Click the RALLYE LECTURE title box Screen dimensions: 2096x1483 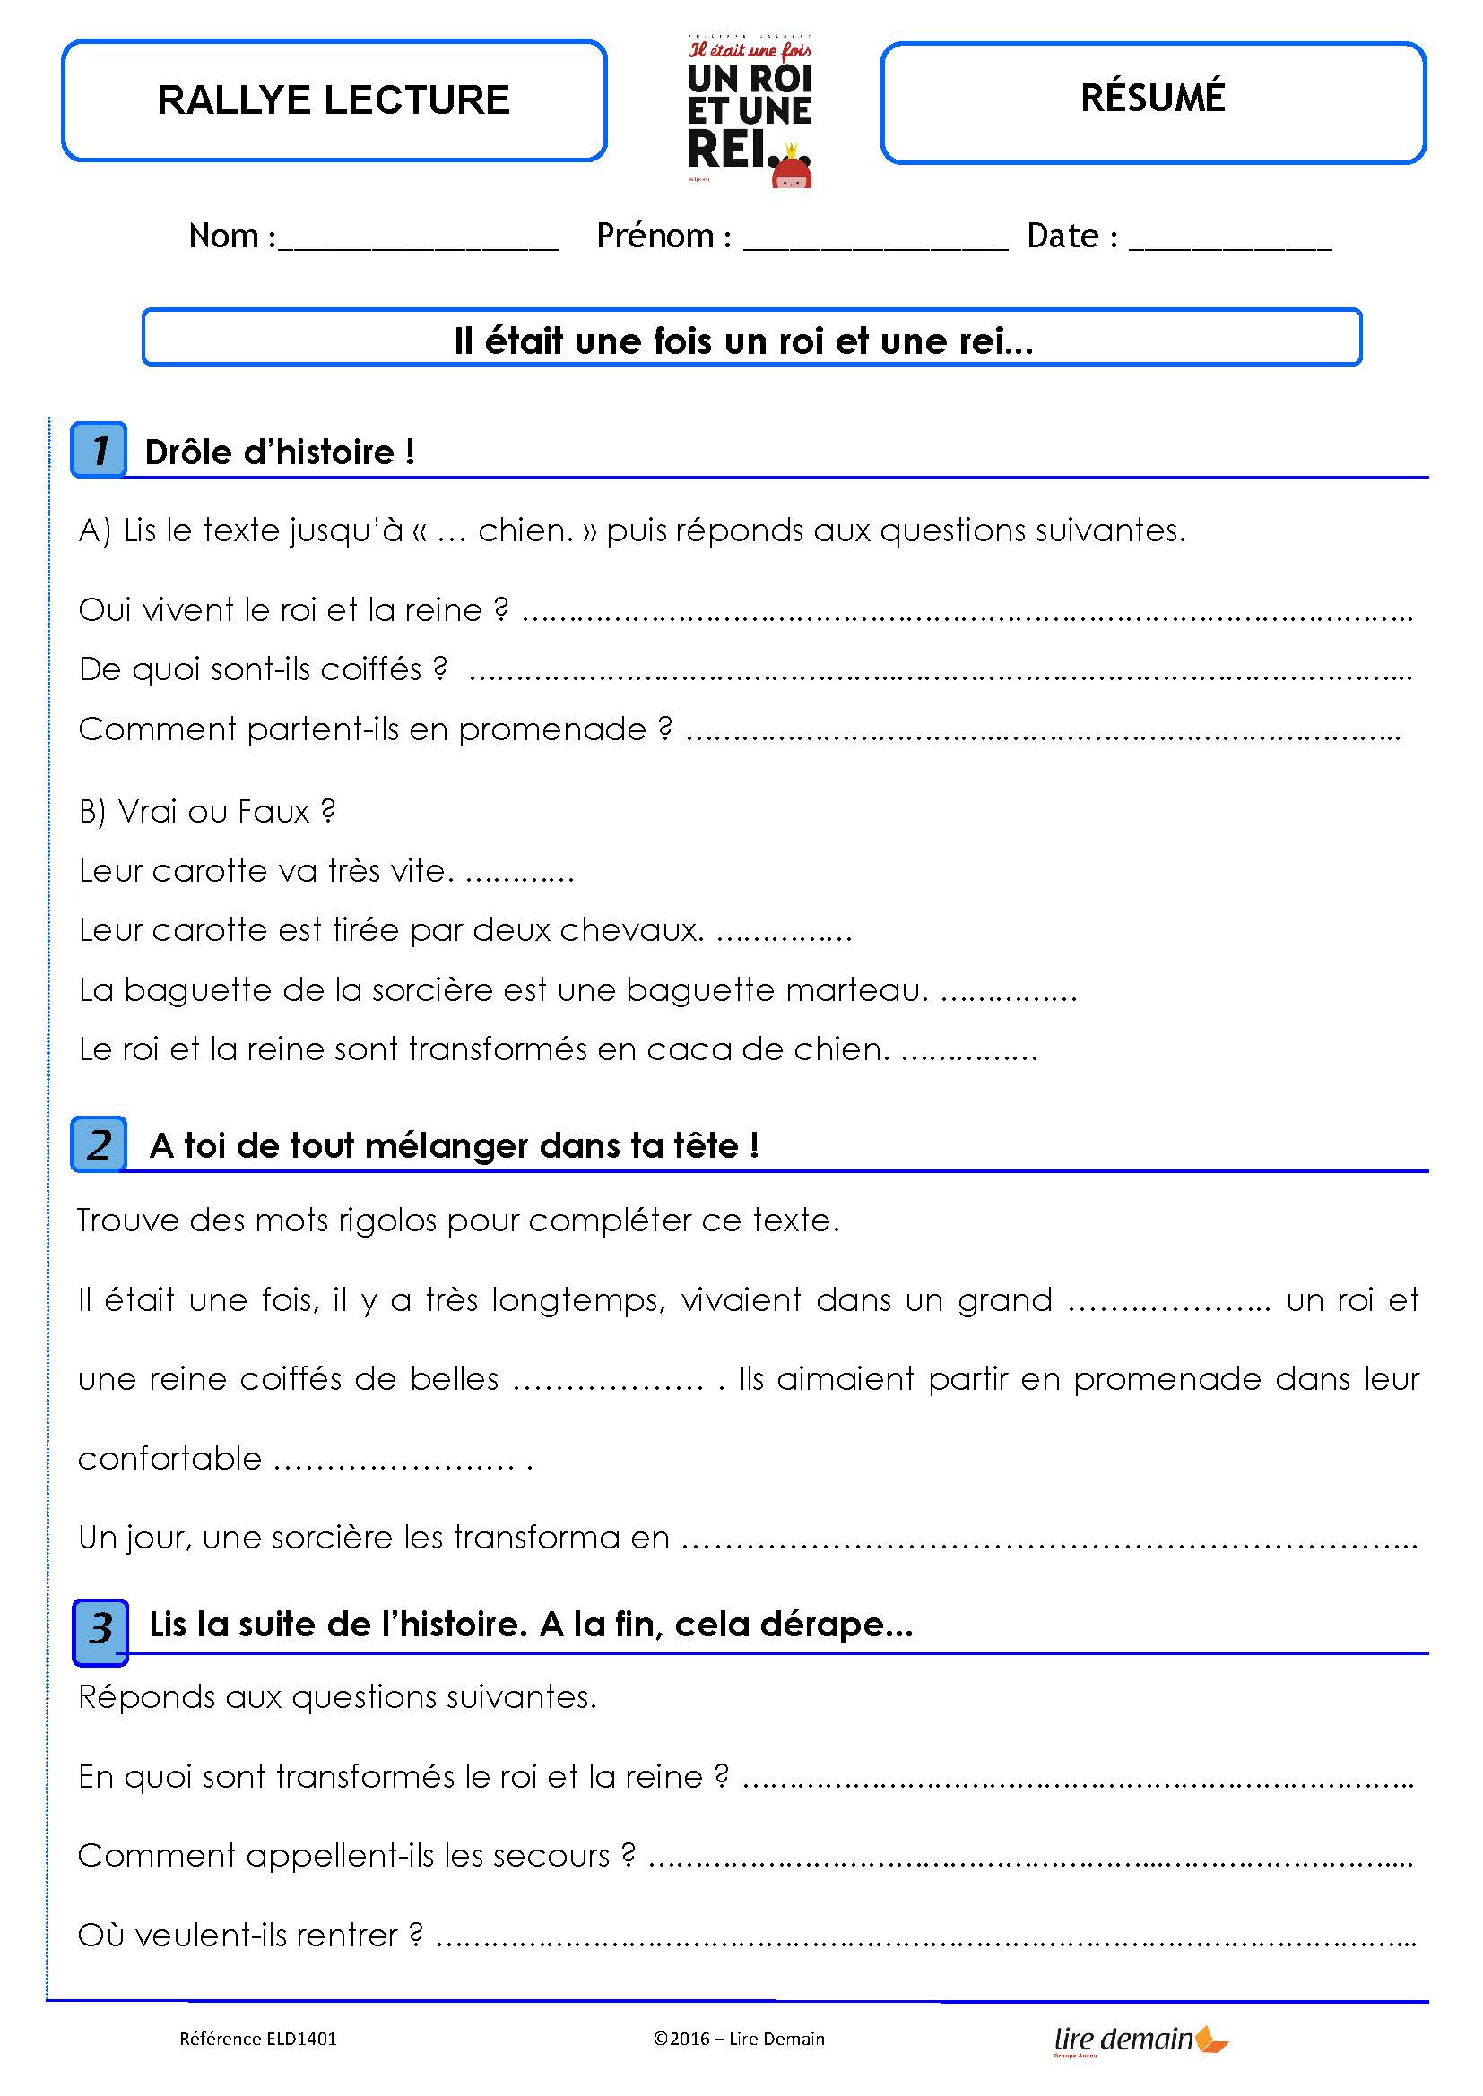[x=334, y=100]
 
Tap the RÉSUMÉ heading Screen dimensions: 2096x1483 [x=1152, y=99]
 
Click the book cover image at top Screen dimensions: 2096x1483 [x=749, y=112]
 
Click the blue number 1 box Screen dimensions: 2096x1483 [x=99, y=449]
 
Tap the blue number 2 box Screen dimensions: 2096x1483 [x=99, y=1143]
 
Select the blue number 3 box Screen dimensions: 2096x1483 [x=100, y=1628]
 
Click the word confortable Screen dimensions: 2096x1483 [x=169, y=1459]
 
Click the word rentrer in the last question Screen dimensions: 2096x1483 [x=347, y=1936]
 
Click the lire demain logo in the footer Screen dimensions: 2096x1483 [x=1140, y=2040]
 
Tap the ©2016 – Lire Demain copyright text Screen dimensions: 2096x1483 [x=739, y=2039]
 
